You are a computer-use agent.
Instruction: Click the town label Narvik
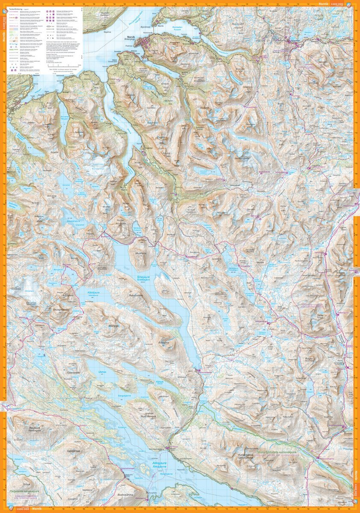coord(150,37)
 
